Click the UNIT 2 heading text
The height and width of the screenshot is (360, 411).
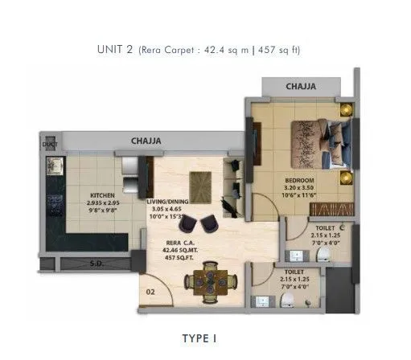(x=116, y=50)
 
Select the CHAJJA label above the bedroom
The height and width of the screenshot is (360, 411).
(x=300, y=85)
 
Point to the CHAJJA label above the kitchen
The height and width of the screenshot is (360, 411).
(x=146, y=141)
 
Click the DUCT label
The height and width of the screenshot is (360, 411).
(x=49, y=145)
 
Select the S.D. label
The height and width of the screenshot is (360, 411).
(x=96, y=262)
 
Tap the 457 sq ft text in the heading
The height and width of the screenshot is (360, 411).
(x=283, y=50)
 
